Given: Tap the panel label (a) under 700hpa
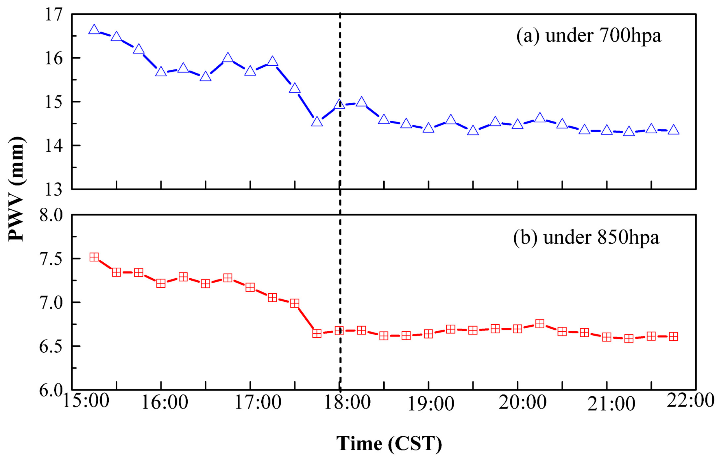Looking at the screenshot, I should coord(589,36).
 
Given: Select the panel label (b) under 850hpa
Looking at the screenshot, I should coord(586,238).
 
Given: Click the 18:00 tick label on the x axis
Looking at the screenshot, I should coord(347,402).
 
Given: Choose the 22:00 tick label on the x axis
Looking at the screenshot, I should coord(690,400).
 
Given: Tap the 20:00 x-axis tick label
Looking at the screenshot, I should coord(522,402).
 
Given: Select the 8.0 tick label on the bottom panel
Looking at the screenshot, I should coord(51,215).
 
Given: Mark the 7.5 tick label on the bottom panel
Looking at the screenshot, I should coord(51,259).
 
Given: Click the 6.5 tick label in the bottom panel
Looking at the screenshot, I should coord(51,346).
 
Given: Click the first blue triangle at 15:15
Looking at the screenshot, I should coord(94,30).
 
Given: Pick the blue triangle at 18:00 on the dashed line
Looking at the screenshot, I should coord(339,104).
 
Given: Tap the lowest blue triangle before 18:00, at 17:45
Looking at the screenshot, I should coord(317,122).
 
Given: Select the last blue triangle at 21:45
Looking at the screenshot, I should coord(673,130).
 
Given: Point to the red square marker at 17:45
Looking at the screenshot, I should coord(317,334).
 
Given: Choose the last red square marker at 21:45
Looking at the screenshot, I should coord(673,337).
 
